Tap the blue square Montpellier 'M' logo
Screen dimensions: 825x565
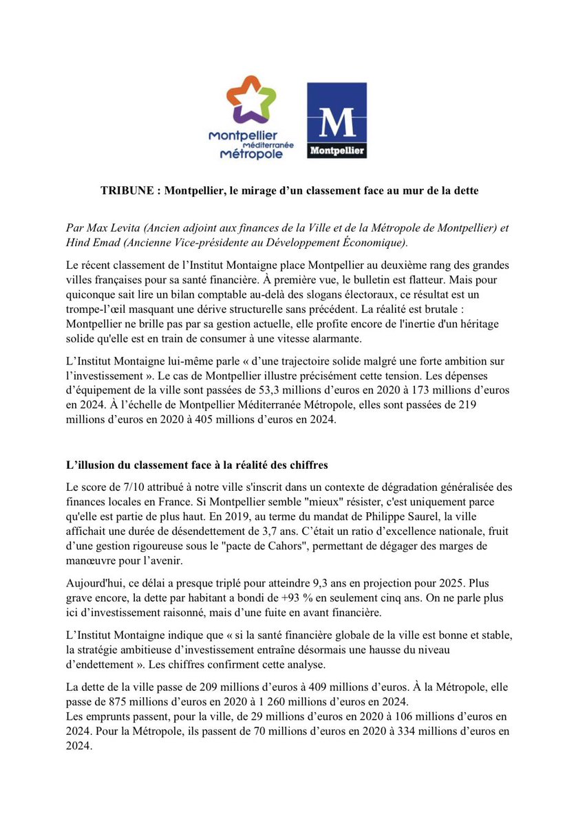click(337, 120)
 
